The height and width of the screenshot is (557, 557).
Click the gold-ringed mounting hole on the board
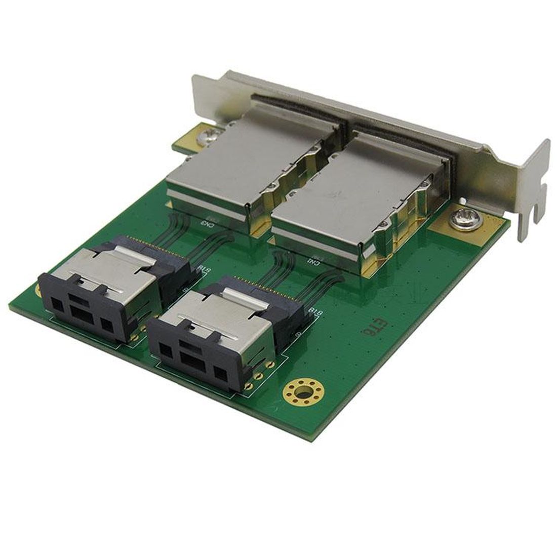pyautogui.click(x=303, y=391)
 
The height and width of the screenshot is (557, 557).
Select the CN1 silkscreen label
pyautogui.click(x=314, y=261)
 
